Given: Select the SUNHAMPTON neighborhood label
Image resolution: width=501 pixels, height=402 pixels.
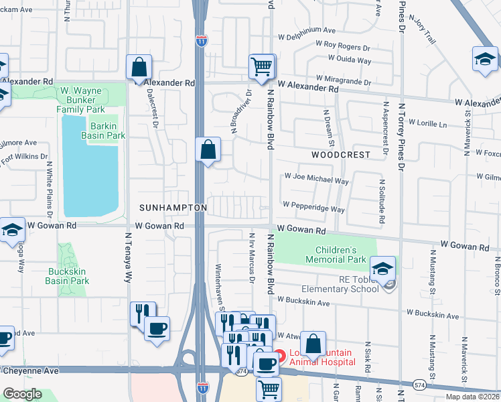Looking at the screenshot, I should coord(173,208).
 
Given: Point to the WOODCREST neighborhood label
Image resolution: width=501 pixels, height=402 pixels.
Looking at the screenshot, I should coord(340,155).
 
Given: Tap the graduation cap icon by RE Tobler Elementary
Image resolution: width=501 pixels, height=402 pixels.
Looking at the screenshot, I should coord(382,269).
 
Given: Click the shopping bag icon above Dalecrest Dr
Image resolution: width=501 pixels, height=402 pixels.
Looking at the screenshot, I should coord(139,68).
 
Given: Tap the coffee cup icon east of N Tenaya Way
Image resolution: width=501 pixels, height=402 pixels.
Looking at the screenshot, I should coord(157,328).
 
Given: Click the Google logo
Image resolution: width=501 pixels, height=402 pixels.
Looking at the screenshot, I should coord(23,394).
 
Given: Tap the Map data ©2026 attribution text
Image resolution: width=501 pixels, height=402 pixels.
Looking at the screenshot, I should coord(472,397).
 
